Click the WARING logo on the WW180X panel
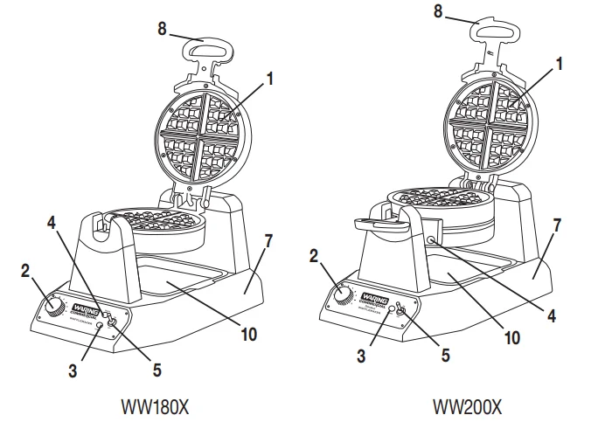(87, 308)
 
